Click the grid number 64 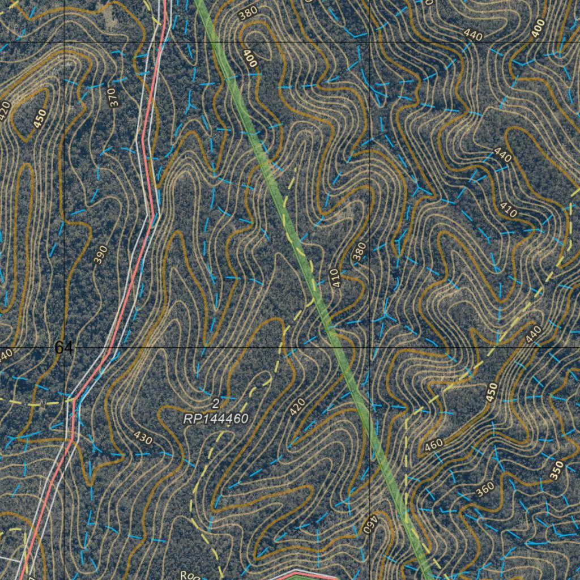coord(63,347)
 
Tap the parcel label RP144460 coord(216,419)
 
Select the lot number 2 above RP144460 coord(215,404)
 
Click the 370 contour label coord(113,97)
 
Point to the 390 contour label coord(100,255)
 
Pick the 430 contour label coord(143,437)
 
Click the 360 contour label coord(485,490)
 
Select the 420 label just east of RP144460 coord(297,407)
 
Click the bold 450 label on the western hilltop coord(40,118)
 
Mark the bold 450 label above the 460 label coord(492,393)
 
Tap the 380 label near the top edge coord(248,14)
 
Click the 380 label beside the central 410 coord(360,251)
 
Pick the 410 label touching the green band coord(335,278)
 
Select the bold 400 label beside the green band coord(249,58)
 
